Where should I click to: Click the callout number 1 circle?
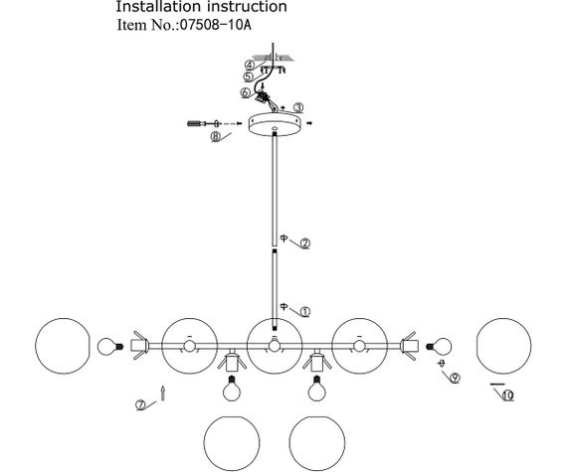pos(305,312)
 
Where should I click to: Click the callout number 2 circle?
pos(305,243)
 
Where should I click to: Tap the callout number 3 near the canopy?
pos(298,107)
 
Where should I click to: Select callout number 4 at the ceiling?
pos(250,66)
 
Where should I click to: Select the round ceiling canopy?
pos(275,124)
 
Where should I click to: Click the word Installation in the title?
pos(158,7)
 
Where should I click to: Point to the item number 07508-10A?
pos(215,25)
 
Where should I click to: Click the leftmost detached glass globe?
pos(63,346)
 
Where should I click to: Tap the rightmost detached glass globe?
pos(503,346)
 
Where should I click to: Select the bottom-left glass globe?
pos(232,444)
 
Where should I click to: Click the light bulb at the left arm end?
pos(108,346)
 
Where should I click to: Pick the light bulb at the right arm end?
pos(440,346)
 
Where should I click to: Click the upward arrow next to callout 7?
pos(163,393)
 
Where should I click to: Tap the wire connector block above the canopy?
pos(263,96)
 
